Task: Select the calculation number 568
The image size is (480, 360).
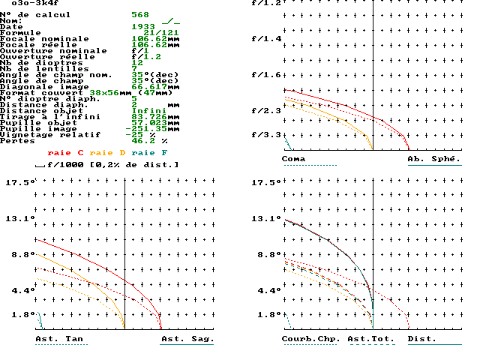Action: (140, 15)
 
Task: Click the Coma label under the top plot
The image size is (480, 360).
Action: (294, 159)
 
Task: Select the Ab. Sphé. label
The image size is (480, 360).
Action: (434, 159)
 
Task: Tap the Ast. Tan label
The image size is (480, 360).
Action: (59, 339)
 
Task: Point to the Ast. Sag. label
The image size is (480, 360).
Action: (187, 339)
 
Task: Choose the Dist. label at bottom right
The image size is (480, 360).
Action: (422, 339)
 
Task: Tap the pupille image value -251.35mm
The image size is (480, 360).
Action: (158, 129)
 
